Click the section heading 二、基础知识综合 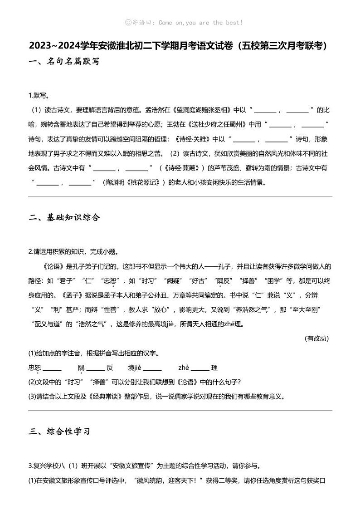coord(63,217)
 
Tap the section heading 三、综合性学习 coord(59,431)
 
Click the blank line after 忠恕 coord(52,368)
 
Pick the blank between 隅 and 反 coord(96,368)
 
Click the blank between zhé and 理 coord(200,368)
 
